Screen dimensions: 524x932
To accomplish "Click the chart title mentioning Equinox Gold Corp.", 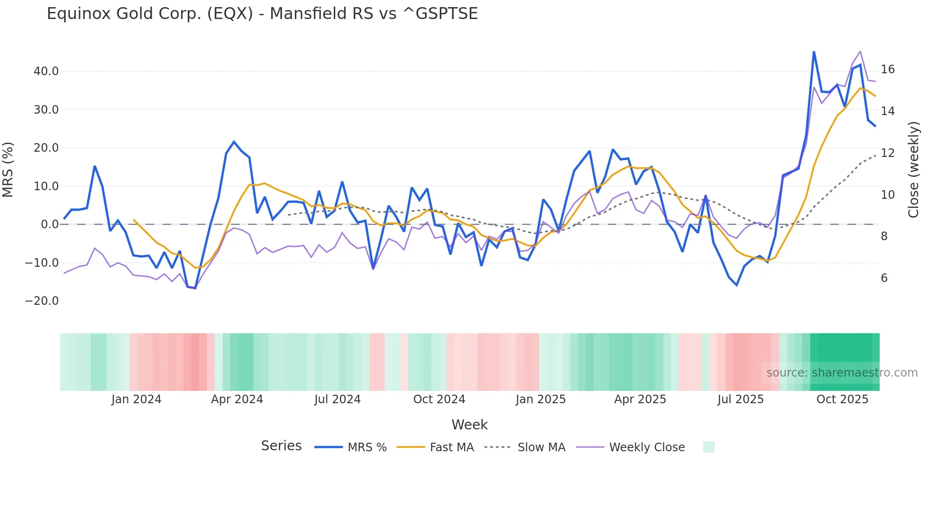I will [x=262, y=14].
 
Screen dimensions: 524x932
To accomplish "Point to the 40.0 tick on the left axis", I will [x=46, y=71].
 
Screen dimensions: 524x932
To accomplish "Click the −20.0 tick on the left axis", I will [x=42, y=301].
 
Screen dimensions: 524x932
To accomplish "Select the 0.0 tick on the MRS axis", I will [x=49, y=224].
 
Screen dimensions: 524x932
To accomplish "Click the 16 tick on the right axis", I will [x=887, y=69].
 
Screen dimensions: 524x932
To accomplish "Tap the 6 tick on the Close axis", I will [x=884, y=278].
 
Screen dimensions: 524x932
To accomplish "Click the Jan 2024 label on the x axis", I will [x=136, y=399].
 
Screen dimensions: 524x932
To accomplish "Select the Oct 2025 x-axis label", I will [x=842, y=399].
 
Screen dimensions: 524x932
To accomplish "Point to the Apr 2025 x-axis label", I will [x=640, y=399].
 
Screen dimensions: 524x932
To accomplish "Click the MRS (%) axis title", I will [x=8, y=170].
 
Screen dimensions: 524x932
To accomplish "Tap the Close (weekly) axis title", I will [x=913, y=170].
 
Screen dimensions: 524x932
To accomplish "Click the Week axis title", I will [x=469, y=425].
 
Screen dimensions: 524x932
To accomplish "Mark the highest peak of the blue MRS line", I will [x=814, y=52].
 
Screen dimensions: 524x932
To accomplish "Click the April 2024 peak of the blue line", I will [x=234, y=142].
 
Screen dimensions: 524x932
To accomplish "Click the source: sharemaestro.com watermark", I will [x=842, y=373].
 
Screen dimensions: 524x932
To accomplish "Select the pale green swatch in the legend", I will [x=709, y=447].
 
